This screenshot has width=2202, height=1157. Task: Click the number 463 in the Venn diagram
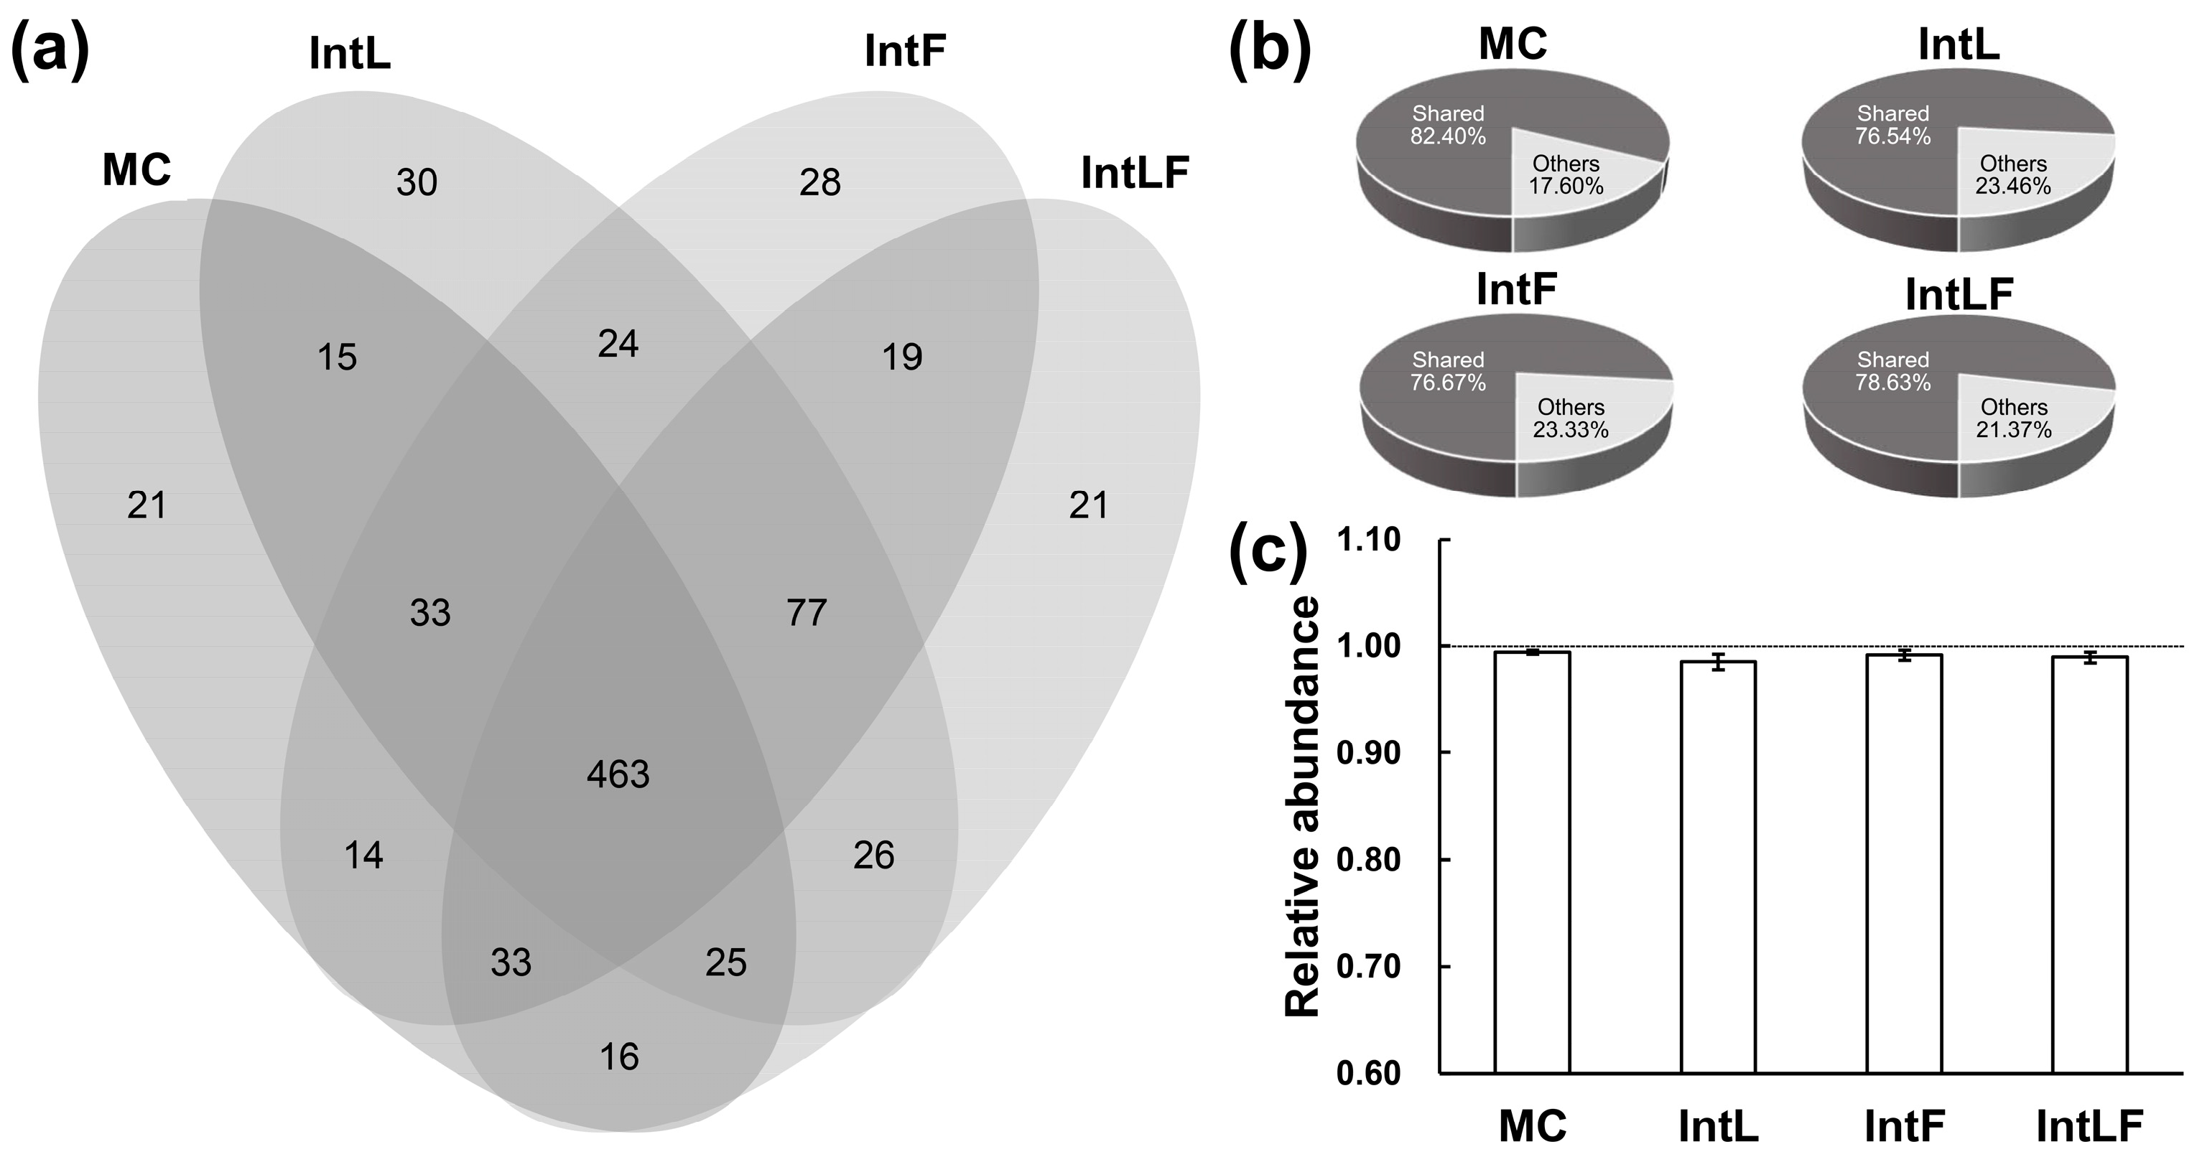tap(618, 774)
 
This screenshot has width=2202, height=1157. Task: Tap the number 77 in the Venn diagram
tap(806, 613)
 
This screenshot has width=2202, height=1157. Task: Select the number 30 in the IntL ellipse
tap(417, 183)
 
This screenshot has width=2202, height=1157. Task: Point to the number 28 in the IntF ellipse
tap(819, 183)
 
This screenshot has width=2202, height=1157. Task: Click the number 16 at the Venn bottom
tap(619, 1058)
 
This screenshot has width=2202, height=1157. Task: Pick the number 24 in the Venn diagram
tap(618, 345)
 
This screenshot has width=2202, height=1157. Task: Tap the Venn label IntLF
tap(1134, 174)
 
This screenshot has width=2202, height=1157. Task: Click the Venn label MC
tap(136, 170)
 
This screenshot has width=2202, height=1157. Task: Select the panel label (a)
tap(50, 50)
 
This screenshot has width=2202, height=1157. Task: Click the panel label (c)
tap(1268, 551)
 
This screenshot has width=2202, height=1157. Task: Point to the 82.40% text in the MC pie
tap(1447, 136)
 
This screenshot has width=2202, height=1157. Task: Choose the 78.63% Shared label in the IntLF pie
tap(1892, 382)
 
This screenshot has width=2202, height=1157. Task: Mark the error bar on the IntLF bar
tap(2090, 657)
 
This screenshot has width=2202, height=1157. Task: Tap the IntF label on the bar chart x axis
tap(1905, 1126)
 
